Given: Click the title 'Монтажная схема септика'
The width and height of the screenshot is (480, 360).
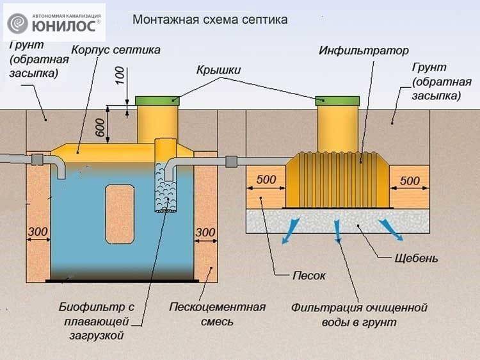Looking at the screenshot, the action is (210, 20).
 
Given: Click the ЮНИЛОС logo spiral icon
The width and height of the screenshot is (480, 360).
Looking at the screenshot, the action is (17, 23).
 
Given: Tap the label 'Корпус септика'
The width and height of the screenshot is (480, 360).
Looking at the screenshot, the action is (116, 50).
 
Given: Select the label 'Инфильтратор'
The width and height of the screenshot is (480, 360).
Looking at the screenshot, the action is (364, 51).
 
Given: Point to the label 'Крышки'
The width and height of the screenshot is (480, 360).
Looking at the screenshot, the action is (218, 70).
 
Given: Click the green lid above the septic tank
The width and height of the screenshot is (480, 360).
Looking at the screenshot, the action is (157, 101).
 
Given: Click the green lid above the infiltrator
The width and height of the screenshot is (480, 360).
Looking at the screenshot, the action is (337, 101).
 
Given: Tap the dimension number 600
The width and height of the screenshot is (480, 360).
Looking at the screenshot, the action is (100, 127).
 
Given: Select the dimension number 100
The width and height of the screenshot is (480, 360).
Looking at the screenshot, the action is (120, 76).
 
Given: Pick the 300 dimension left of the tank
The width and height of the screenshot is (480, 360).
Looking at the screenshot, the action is (38, 232).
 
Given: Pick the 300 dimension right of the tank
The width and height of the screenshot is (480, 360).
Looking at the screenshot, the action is (205, 233).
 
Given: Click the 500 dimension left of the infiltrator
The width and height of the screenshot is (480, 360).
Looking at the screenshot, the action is (266, 179).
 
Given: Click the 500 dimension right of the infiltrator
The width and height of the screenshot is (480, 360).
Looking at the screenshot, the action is (410, 181).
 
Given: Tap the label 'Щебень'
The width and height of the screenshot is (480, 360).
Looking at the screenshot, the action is (416, 258).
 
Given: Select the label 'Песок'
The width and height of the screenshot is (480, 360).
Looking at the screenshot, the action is (308, 275).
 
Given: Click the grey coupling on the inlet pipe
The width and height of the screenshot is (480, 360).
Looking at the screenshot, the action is (38, 160).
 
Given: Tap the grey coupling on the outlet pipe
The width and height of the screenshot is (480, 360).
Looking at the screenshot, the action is (232, 161).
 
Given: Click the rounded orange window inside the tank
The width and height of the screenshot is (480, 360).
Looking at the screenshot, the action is (120, 214).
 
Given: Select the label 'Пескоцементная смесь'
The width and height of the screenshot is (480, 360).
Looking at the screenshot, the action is (218, 315).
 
